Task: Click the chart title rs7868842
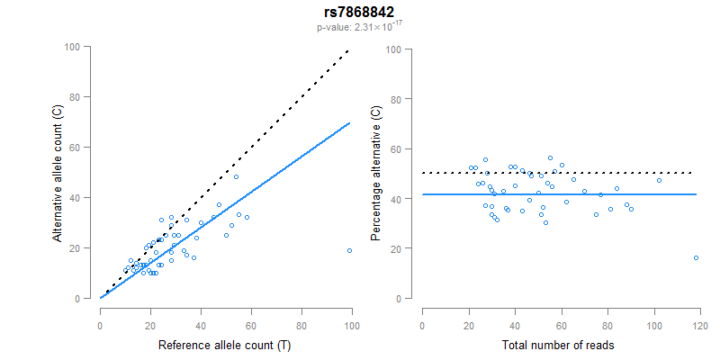pos(359,13)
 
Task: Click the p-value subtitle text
pos(359,28)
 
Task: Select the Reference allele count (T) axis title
pos(225,346)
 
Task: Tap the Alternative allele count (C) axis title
pos(58,173)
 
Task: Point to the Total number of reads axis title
pos(559,346)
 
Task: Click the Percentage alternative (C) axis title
pos(377,173)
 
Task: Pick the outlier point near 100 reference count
pos(349,251)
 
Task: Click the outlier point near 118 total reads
pos(696,258)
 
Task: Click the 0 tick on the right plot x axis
pos(422,325)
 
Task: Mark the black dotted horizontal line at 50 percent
pos(558,173)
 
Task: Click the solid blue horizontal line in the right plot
pos(558,194)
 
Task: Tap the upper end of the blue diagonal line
pos(348,123)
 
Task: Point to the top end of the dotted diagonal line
pos(348,51)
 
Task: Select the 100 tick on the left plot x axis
pos(352,325)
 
